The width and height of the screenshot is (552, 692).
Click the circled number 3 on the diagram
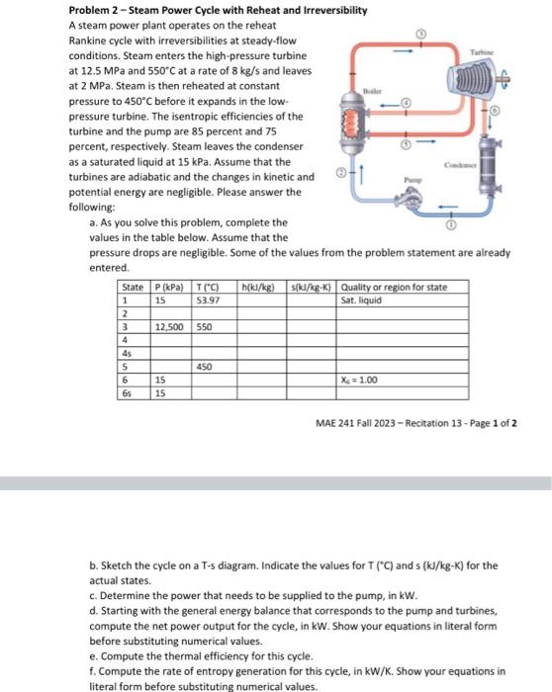(x=421, y=34)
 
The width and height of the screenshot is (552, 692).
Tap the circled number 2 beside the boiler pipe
(x=341, y=173)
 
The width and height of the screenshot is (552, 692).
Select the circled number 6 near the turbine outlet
(x=495, y=111)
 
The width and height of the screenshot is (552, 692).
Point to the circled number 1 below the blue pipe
(x=450, y=225)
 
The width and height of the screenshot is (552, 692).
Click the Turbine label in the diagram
(x=481, y=52)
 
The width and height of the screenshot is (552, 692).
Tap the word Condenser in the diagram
(x=461, y=165)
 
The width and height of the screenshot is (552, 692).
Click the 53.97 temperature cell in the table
(x=208, y=301)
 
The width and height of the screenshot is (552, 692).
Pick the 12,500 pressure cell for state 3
(x=169, y=327)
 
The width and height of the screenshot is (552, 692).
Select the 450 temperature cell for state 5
(x=204, y=367)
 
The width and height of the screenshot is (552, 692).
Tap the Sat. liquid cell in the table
(x=361, y=301)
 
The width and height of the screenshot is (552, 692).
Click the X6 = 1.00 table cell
(x=359, y=380)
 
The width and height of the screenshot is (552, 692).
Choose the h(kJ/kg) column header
(x=258, y=288)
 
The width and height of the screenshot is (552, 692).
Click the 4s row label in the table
(x=127, y=354)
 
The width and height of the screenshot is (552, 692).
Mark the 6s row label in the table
(x=127, y=393)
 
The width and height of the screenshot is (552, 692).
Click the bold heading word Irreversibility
(x=335, y=10)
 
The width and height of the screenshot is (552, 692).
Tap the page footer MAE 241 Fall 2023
(x=355, y=423)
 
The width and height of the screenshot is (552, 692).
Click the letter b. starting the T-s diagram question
(x=94, y=565)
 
